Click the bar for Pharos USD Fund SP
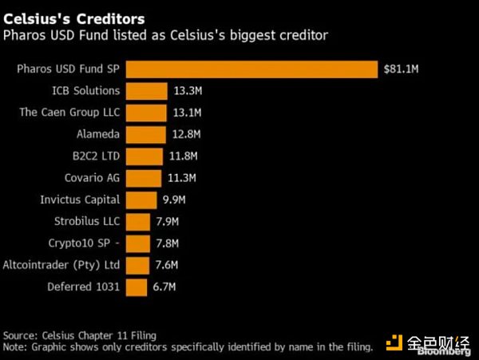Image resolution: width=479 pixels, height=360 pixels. [x=251, y=69]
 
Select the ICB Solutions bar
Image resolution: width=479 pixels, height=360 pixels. [x=147, y=91]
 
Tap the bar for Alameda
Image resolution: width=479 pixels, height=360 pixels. [x=146, y=135]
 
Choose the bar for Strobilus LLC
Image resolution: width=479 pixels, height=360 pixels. [x=139, y=222]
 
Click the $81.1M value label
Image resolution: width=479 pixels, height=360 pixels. [x=401, y=69]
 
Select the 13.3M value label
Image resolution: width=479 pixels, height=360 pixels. [x=187, y=91]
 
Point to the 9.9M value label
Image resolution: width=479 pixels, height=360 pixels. [x=173, y=200]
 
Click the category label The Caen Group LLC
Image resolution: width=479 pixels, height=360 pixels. [x=69, y=113]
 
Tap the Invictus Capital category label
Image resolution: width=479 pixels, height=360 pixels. [x=80, y=200]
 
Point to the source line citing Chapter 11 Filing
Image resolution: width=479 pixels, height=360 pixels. [x=80, y=335]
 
